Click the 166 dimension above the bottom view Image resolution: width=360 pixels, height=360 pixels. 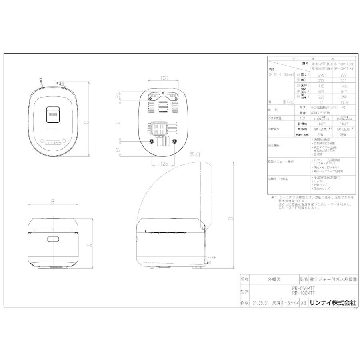(164, 78)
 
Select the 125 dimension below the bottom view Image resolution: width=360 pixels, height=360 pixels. (164, 164)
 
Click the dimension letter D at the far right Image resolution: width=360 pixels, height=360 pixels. (231, 219)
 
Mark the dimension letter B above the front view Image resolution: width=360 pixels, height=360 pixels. (53, 202)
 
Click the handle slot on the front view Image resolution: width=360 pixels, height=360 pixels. (53, 239)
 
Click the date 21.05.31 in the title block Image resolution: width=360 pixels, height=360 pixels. (260, 303)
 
